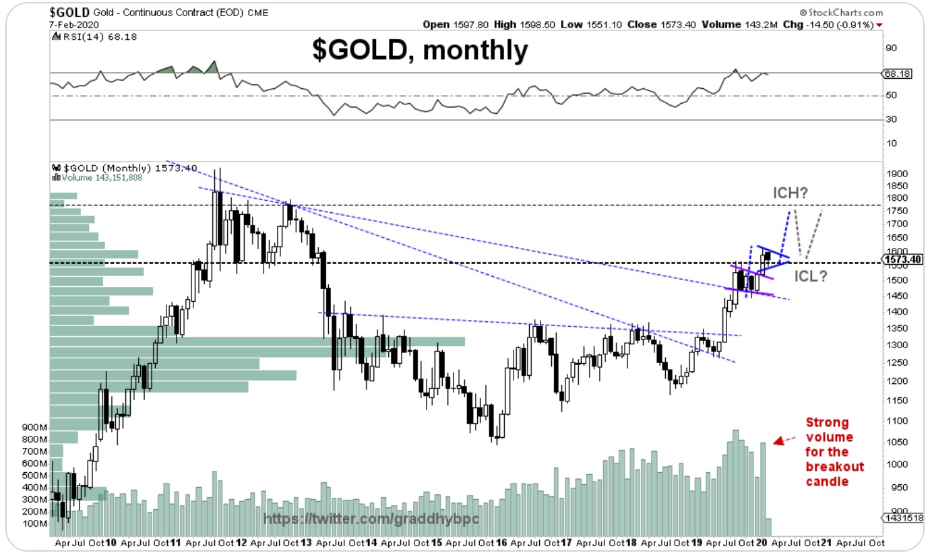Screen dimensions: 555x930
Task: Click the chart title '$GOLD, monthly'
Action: [419, 51]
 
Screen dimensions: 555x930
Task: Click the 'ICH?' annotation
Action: [790, 194]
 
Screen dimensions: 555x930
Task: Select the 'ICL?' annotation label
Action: [810, 275]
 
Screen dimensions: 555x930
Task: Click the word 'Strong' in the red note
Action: [828, 422]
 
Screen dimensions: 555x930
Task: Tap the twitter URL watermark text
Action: [356, 519]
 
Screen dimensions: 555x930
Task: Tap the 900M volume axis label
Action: [34, 428]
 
